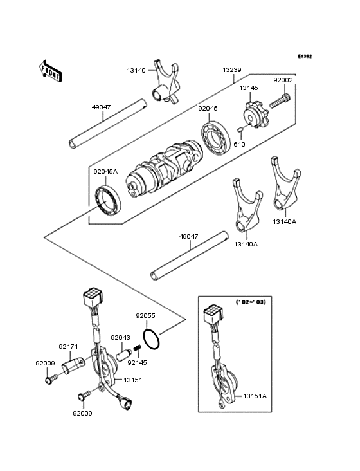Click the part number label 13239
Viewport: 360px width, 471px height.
pos(233,69)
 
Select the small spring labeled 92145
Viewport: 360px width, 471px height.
pos(137,351)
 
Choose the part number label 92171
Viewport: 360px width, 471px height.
pos(69,346)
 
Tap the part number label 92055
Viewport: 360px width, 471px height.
pos(145,316)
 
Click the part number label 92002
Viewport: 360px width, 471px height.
pos(283,80)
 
